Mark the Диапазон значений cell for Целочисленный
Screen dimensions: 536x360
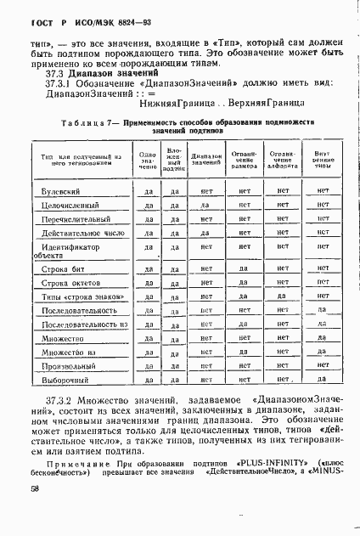pyautogui.click(x=205, y=206)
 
